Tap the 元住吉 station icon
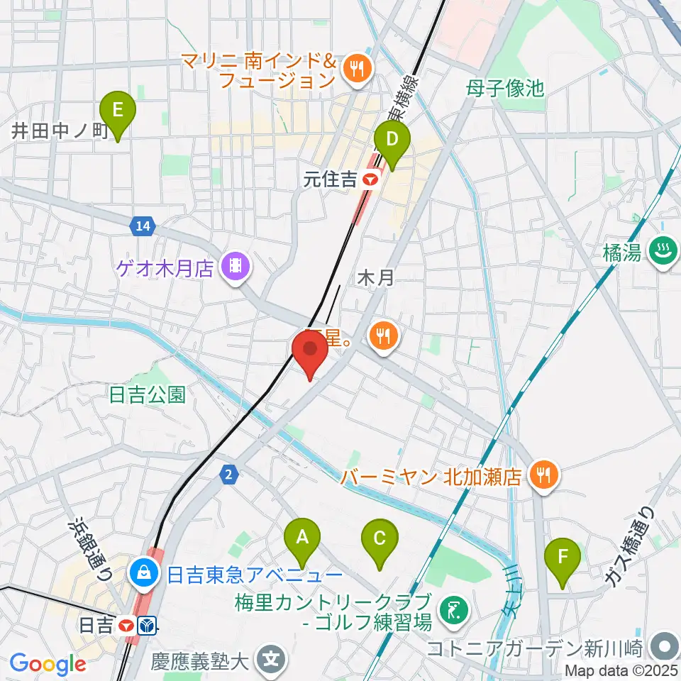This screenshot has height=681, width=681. point(369,181)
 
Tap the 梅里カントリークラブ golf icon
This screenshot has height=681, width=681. point(450,609)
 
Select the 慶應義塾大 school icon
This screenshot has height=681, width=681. point(270,661)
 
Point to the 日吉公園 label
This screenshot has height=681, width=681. point(148,395)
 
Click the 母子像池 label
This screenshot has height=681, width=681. point(505,89)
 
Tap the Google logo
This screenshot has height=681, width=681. point(48,665)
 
